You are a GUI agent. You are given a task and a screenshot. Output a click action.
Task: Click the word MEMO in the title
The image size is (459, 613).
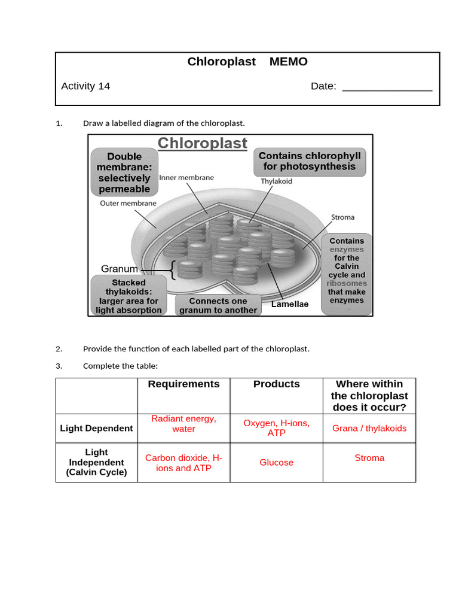[288, 62]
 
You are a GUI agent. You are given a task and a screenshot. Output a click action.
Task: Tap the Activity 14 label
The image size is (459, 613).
[85, 86]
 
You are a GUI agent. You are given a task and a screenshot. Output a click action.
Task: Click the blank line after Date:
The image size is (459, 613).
[387, 87]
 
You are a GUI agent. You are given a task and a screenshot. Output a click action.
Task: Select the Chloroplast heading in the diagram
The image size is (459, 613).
[202, 144]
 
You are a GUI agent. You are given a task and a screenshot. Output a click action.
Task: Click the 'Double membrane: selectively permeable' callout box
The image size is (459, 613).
[124, 172]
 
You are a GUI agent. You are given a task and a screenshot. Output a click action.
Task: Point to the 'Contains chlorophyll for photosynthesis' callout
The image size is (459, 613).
[310, 162]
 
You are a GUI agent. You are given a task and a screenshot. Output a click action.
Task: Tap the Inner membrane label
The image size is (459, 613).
[186, 178]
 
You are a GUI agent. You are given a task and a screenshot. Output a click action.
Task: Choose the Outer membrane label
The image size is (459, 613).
[128, 204]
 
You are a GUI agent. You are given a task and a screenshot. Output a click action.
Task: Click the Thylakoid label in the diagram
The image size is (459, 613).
[276, 181]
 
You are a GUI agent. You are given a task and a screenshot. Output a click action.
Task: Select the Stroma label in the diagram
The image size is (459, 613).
[343, 217]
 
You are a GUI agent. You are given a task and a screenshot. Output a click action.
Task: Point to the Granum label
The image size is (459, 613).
[120, 269]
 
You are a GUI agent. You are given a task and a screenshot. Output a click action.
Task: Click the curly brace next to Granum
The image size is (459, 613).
[173, 269]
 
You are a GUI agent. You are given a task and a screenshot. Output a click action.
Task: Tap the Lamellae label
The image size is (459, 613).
[290, 305]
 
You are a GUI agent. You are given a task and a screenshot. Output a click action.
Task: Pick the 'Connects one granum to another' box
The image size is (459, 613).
[218, 305]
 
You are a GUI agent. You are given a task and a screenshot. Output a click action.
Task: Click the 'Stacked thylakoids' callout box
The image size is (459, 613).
[128, 296]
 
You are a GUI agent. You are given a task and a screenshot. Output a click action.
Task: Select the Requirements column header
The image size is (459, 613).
[183, 384]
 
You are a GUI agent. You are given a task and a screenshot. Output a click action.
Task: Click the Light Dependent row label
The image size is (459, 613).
[96, 429]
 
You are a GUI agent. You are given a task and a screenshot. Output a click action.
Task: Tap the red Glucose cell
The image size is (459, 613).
[276, 463]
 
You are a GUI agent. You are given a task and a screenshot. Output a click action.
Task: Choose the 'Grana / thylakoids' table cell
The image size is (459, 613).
[369, 429]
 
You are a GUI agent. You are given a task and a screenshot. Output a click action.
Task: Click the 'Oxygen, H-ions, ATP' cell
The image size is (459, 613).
[276, 428]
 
